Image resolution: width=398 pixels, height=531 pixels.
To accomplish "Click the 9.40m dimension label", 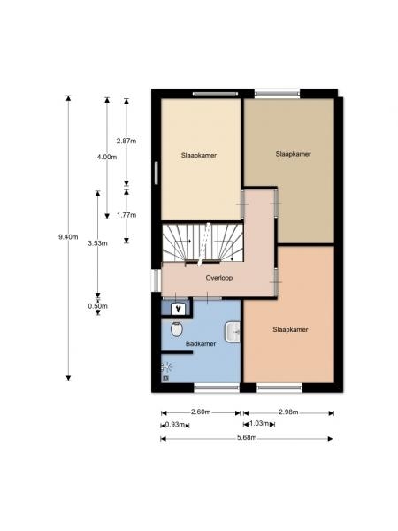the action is [68, 236].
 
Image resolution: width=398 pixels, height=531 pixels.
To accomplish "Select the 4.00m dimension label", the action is [107, 157].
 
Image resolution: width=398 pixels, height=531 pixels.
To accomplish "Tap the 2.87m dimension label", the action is [126, 141].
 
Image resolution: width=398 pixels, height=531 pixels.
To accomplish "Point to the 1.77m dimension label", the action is [126, 215].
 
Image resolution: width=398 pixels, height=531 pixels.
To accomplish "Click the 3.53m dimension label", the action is [97, 243].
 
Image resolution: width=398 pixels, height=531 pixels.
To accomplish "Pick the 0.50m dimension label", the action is [98, 306].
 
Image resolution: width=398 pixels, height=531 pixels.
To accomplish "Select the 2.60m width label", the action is [201, 412].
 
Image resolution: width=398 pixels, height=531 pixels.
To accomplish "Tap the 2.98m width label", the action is [288, 412].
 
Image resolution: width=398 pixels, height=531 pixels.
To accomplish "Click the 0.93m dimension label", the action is [175, 424].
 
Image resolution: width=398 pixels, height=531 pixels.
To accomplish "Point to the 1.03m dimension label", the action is [259, 424].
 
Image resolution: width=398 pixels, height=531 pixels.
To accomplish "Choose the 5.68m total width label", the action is [247, 437].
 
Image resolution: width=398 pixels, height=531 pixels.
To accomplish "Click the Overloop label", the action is [219, 278].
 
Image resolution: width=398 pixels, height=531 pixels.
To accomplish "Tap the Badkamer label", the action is [201, 343].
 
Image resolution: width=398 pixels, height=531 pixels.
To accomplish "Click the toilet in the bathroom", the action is [177, 329].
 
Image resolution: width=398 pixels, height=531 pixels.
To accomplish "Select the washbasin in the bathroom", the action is [233, 332].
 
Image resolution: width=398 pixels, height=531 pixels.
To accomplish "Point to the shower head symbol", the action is [166, 367].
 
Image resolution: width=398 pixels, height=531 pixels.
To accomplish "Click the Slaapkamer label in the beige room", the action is [199, 156].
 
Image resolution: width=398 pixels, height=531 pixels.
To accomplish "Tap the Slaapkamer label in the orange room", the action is [290, 329].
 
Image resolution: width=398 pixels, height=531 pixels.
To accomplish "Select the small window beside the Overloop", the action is [156, 281].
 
